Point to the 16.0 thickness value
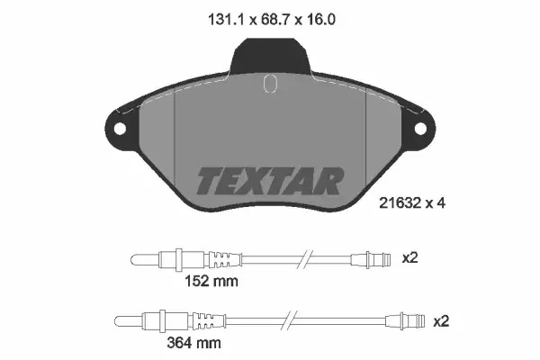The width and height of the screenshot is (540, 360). pyautogui.click(x=319, y=20)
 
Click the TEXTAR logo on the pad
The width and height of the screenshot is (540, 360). pyautogui.click(x=270, y=181)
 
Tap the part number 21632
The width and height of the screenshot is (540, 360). pyautogui.click(x=400, y=203)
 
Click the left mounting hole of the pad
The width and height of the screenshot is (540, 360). pyautogui.click(x=120, y=130)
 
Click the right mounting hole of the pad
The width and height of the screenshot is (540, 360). pyautogui.click(x=420, y=129)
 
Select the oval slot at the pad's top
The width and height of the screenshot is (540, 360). pyautogui.click(x=270, y=83)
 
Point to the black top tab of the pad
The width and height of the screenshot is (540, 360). pyautogui.click(x=270, y=56)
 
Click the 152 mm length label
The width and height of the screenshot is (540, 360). pyautogui.click(x=211, y=282)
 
